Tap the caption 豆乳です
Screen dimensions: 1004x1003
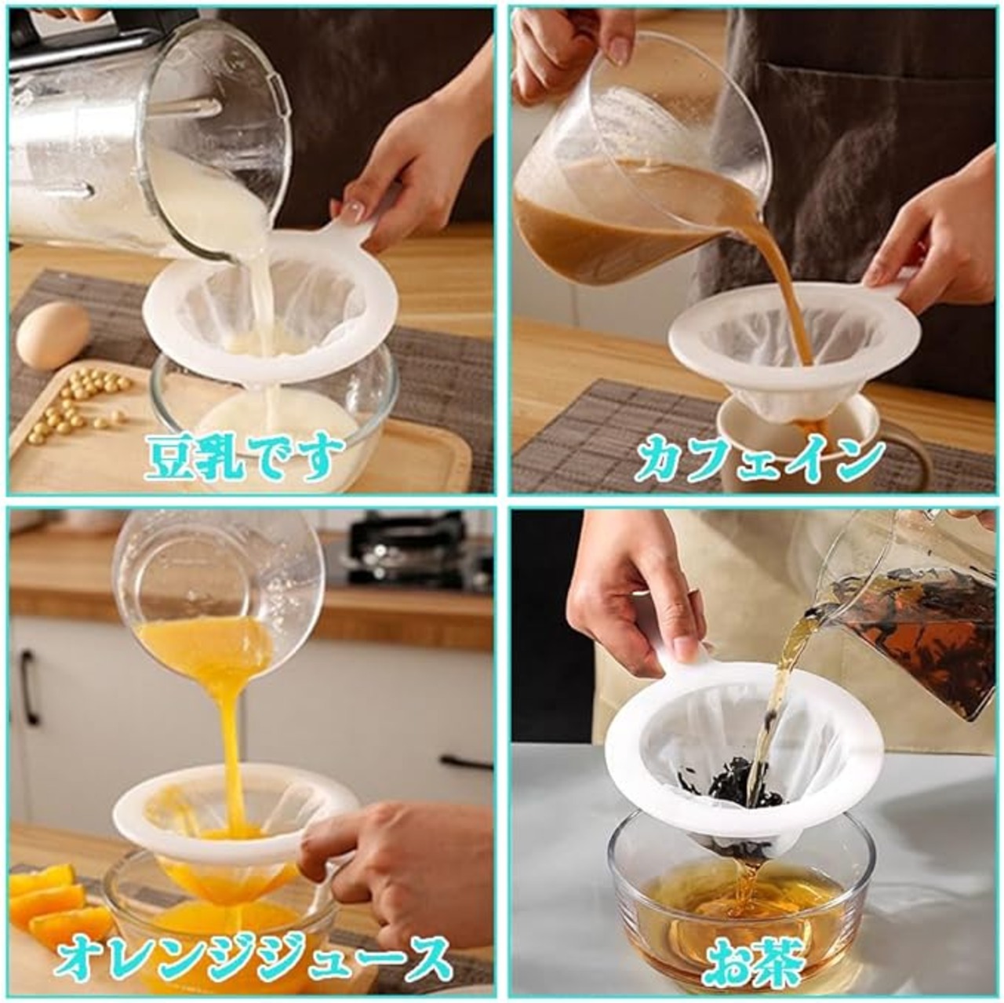(x=245, y=459)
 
